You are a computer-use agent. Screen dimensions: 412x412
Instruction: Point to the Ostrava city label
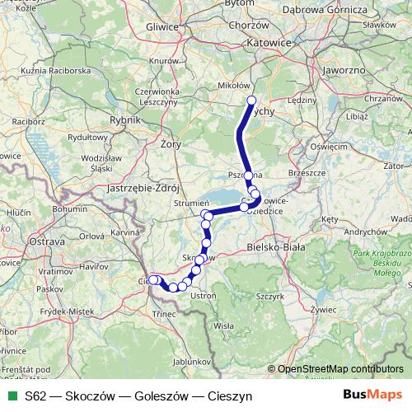pos(46,242)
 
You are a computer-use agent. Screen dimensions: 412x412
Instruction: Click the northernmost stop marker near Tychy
pos(252,101)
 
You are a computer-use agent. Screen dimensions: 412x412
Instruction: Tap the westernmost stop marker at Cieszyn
pos(152,280)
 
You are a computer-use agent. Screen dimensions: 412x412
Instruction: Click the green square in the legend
pos(10,396)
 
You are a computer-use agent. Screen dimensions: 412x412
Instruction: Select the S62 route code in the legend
pos(35,396)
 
